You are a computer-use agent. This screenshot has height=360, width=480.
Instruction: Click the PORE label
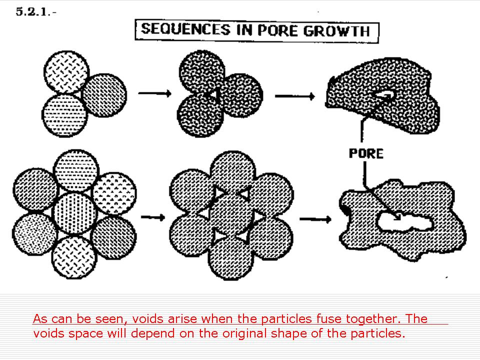tap(366, 153)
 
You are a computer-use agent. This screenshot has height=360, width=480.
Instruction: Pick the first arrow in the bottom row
tap(152, 217)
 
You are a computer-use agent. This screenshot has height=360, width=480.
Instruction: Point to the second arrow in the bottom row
tap(314, 218)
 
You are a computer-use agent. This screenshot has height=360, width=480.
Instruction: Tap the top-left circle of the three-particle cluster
tap(66, 73)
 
